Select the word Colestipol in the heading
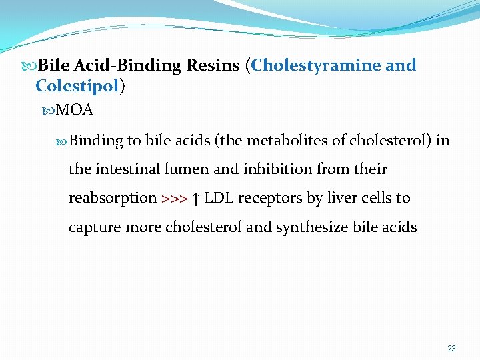tap(77, 86)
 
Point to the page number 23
tap(452, 349)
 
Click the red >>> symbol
tap(174, 199)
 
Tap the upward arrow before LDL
tap(195, 198)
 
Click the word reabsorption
tap(112, 199)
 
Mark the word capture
tap(93, 227)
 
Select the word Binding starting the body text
tap(96, 141)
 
